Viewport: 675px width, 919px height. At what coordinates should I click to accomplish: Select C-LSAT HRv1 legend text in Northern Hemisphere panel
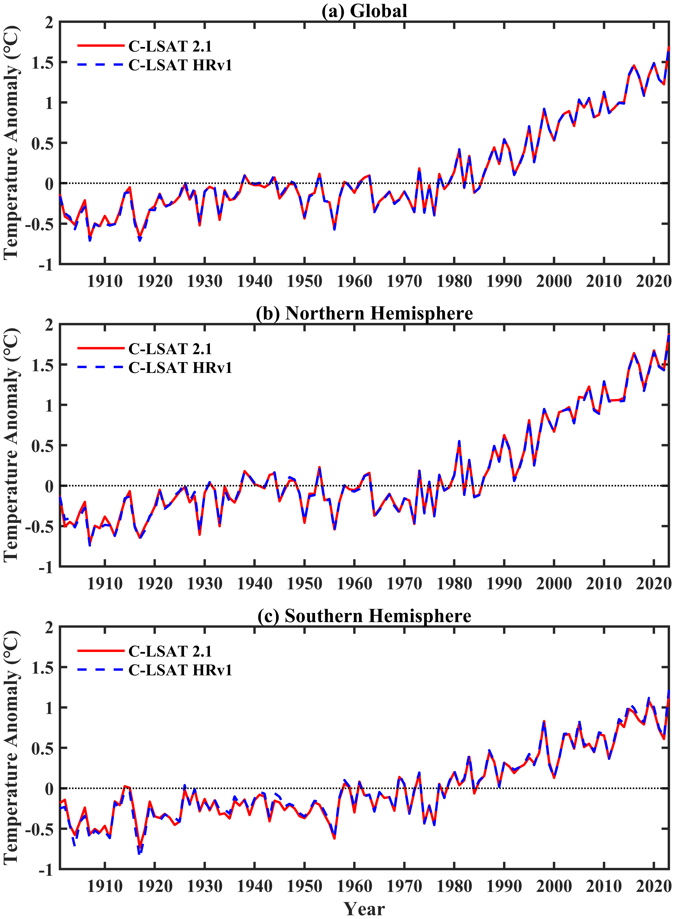tap(180, 368)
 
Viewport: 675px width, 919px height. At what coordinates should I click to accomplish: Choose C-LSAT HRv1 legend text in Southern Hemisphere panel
tap(180, 670)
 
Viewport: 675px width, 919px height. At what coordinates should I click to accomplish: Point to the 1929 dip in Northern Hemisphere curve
tap(200, 534)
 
